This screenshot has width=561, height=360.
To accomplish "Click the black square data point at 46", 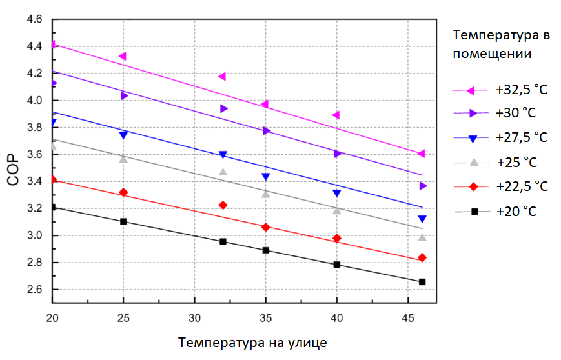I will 422,282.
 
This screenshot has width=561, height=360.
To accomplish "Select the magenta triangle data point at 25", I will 123,57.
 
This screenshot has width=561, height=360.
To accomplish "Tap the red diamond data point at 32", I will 223,205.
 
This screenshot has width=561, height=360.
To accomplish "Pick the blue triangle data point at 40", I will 336,194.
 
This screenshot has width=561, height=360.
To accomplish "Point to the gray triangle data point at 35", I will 265,194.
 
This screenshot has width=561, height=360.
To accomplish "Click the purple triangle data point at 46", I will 423,186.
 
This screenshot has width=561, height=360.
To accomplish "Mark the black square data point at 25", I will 123,221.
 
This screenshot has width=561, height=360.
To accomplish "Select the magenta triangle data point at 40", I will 336,115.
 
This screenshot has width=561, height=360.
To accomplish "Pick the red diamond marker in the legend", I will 473,186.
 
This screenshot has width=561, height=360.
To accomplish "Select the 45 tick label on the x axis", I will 407,319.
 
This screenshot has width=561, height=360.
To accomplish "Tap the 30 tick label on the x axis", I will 194,319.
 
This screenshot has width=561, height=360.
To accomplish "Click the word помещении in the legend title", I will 492,54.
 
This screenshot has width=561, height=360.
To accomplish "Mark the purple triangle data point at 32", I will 223,108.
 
